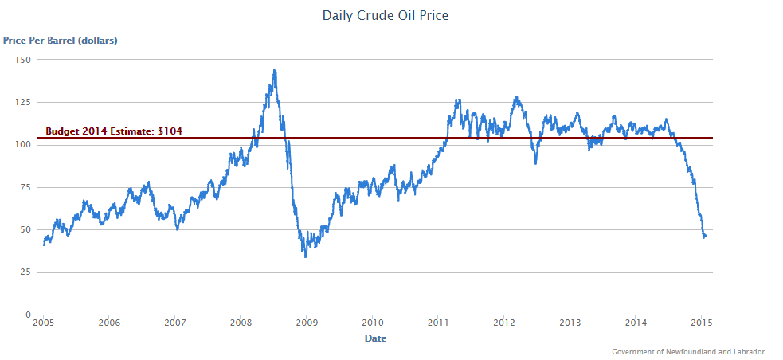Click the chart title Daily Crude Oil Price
[x=385, y=15]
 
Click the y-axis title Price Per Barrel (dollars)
[x=60, y=39]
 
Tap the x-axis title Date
[x=375, y=338]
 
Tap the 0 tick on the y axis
[x=28, y=315]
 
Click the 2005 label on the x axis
[x=44, y=323]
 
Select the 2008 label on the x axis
[x=241, y=323]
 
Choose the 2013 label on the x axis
[x=570, y=323]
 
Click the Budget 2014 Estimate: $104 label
[x=114, y=131]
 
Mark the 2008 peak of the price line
[x=274, y=70]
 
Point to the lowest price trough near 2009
[x=305, y=256]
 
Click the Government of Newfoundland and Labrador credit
[x=688, y=351]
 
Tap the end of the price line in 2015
[x=706, y=236]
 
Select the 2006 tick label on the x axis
[x=110, y=323]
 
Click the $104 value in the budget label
[x=170, y=131]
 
